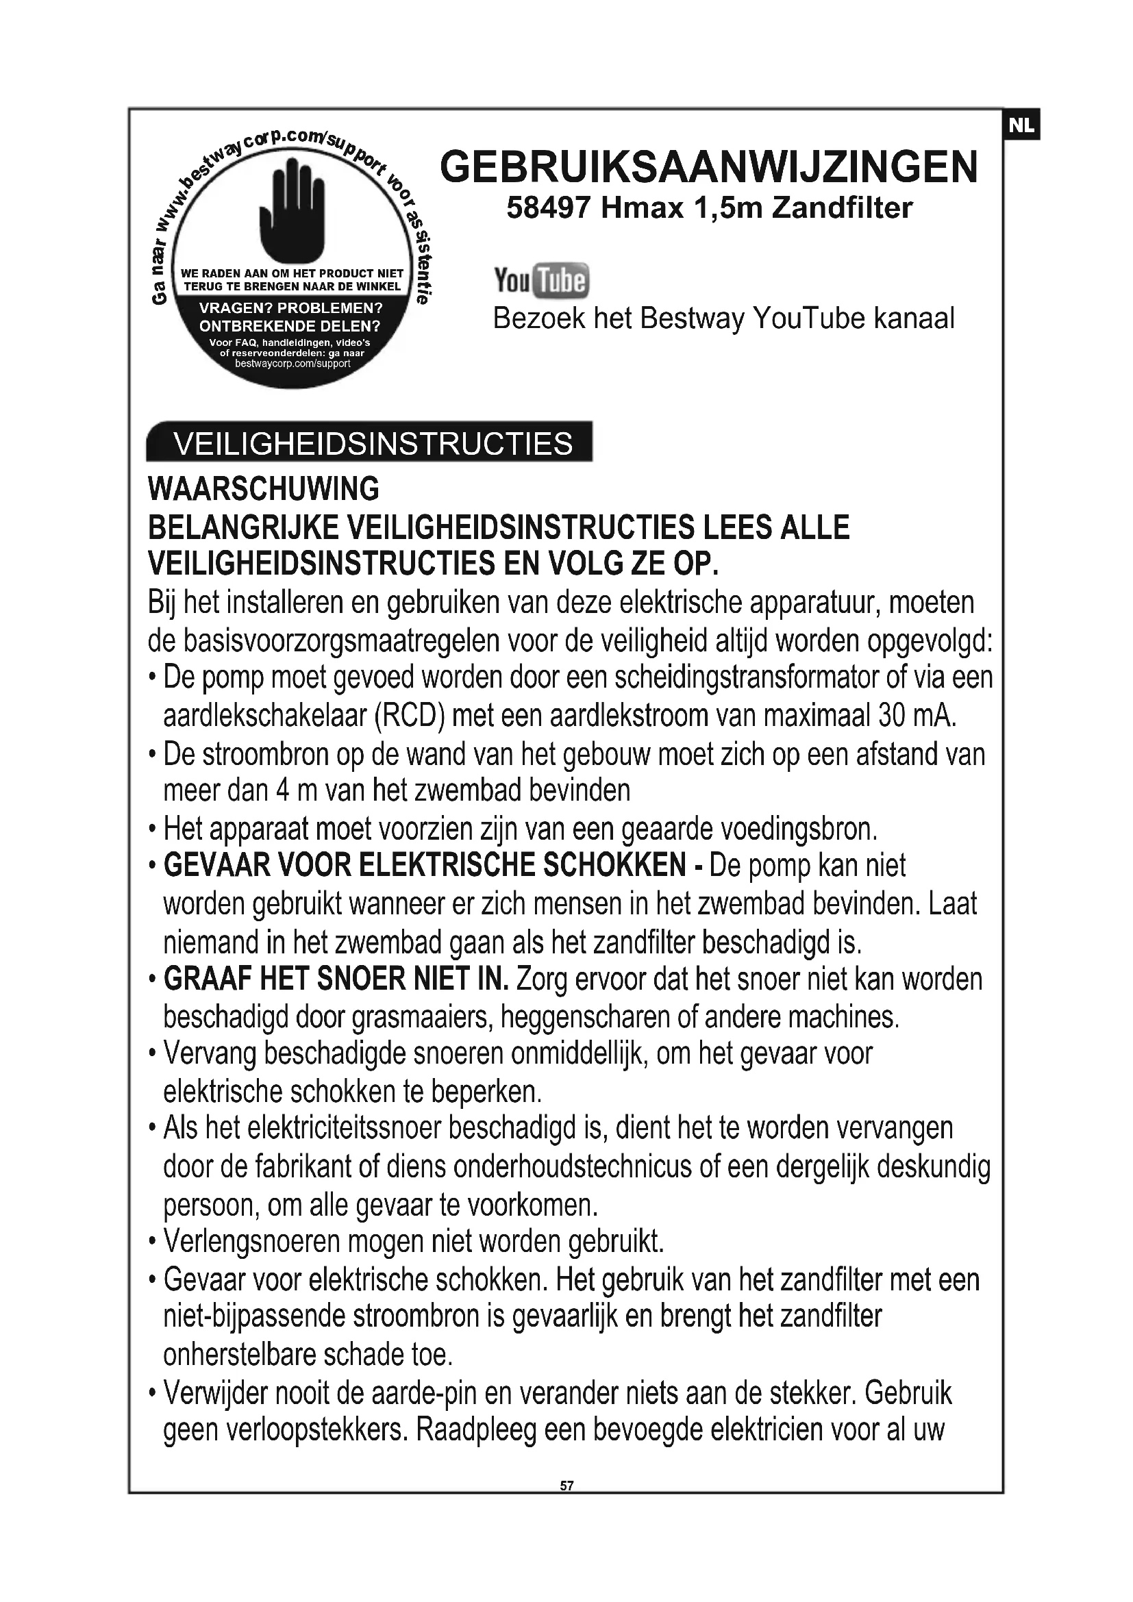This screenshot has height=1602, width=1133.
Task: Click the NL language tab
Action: click(x=1021, y=125)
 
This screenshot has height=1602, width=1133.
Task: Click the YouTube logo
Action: click(x=541, y=281)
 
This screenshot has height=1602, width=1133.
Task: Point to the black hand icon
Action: click(x=292, y=210)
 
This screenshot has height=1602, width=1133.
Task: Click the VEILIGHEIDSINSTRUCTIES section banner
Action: click(x=370, y=442)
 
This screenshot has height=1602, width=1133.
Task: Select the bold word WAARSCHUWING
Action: click(x=264, y=488)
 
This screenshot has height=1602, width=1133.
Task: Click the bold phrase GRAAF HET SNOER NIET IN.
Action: click(x=336, y=979)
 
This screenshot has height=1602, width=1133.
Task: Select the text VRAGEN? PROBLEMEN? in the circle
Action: click(x=291, y=308)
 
